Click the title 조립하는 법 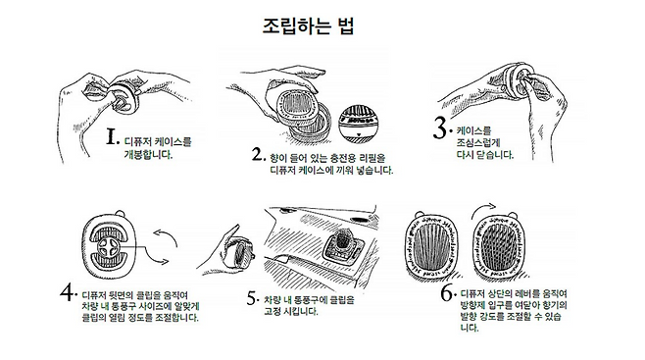pos(308,26)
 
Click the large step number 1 pos(112,136)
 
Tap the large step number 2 pos(257,154)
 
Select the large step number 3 pos(440,128)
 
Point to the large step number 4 pos(68,291)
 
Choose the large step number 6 pos(447,293)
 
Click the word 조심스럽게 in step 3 pos(477,143)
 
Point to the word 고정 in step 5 pos(273,312)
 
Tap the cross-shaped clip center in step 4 pos(109,247)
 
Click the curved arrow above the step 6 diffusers pos(484,209)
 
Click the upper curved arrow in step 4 pos(167,235)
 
